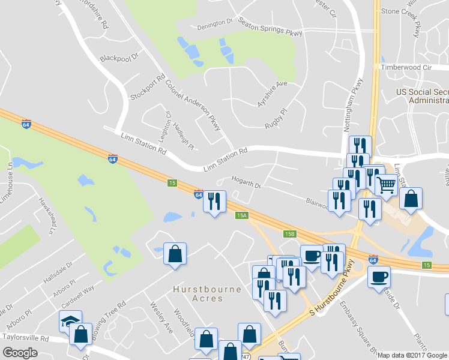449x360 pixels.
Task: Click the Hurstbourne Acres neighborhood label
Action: coord(207,293)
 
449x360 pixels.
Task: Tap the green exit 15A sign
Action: coord(241,215)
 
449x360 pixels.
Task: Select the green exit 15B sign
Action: coord(290,234)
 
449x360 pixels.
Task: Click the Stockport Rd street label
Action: coord(148,88)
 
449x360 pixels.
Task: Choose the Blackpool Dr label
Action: coord(119,58)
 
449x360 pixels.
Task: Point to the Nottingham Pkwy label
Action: coord(355,99)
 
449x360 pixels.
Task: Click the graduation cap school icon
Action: coord(70,321)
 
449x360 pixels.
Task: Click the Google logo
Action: coord(20,353)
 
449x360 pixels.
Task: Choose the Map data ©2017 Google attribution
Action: coord(412,355)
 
